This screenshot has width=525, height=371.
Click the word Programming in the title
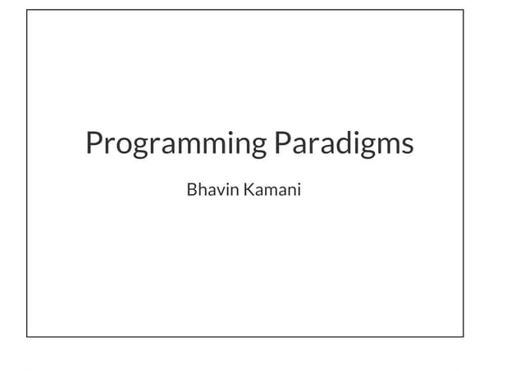(x=176, y=144)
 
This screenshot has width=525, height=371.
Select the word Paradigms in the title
(x=344, y=144)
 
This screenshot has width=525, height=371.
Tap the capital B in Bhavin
(x=192, y=191)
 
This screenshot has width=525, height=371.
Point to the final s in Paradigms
(x=407, y=145)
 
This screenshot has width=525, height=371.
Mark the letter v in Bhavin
(x=222, y=192)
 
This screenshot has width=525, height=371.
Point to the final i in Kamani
(x=299, y=191)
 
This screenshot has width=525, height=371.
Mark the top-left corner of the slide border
(x=27, y=11)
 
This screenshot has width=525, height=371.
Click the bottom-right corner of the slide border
(x=463, y=337)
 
